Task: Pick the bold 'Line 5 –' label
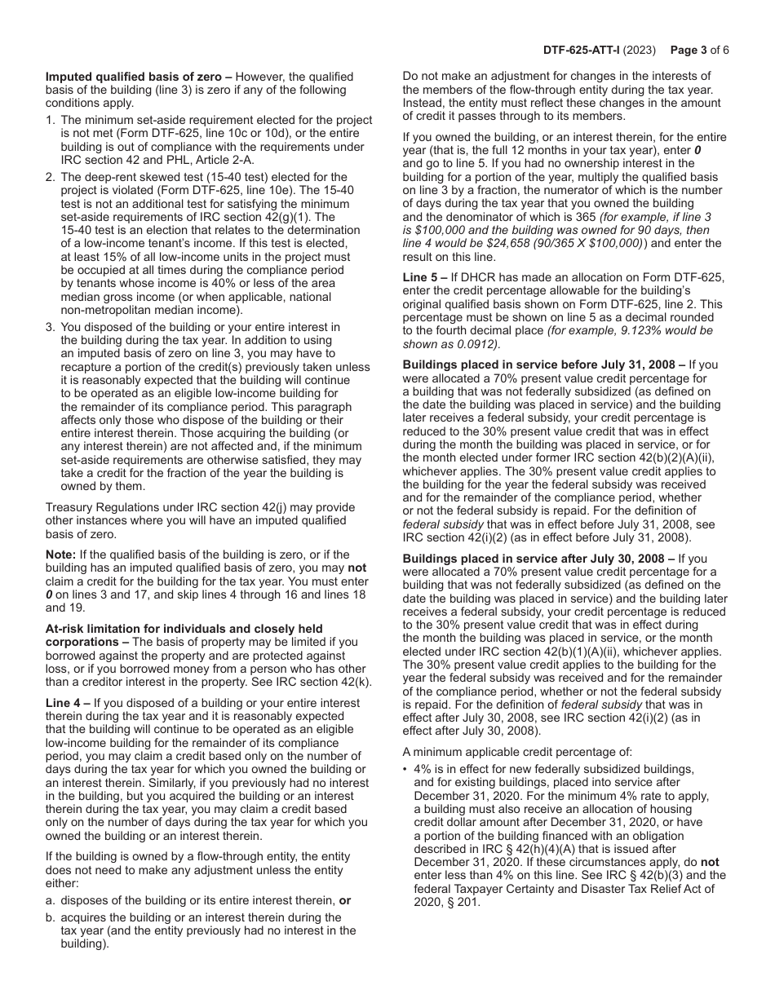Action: click(426, 277)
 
